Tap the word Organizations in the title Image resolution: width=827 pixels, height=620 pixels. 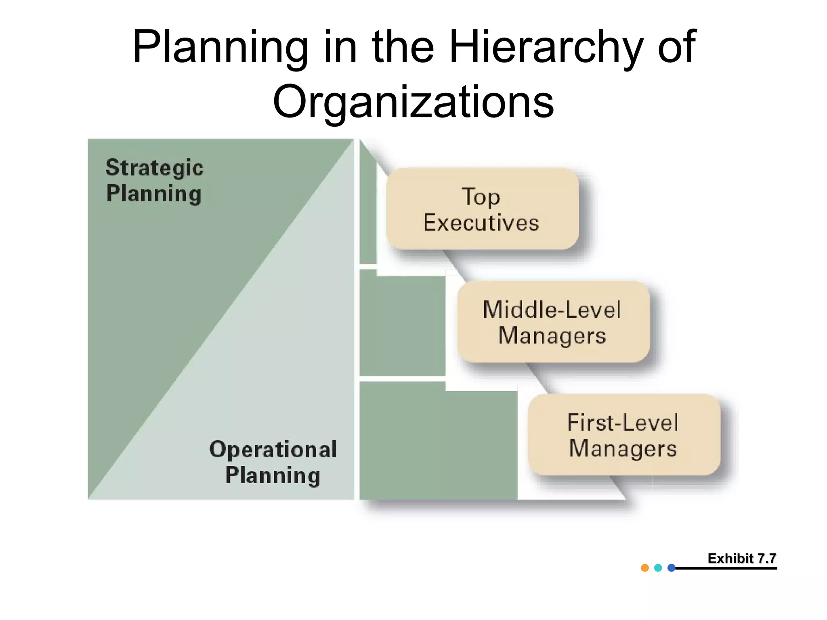point(413,103)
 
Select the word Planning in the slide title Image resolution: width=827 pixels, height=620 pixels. point(220,48)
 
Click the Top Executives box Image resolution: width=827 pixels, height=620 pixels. point(482,209)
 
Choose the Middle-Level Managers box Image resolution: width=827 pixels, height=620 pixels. point(553,322)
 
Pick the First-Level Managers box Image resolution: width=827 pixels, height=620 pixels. point(624,435)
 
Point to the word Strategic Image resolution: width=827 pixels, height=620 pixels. point(155,168)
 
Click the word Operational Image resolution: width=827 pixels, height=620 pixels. point(273,449)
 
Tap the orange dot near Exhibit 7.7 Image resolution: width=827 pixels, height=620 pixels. point(645,568)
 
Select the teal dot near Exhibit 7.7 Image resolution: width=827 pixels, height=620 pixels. point(658,568)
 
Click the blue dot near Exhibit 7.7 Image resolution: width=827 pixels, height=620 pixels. point(672,568)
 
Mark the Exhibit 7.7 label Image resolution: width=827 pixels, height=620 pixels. point(742,558)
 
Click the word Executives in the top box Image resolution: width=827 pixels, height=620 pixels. point(481,223)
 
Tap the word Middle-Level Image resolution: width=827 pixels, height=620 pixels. point(552,310)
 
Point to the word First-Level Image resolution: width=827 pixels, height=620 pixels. point(623,423)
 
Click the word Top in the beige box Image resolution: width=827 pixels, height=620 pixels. point(481,197)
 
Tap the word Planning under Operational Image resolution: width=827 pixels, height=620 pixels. point(273,475)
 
